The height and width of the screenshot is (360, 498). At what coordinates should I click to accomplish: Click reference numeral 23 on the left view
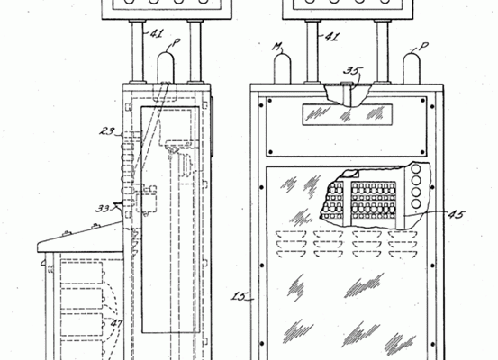tap(107, 131)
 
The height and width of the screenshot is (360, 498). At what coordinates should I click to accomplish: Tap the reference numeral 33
tap(103, 209)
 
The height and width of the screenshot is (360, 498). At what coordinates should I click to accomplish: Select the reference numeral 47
tap(116, 324)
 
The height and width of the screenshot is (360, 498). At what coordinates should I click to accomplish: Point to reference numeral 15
tap(239, 296)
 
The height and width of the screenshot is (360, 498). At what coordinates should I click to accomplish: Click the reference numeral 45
tap(456, 214)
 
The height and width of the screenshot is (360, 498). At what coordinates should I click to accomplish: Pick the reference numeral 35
tap(352, 70)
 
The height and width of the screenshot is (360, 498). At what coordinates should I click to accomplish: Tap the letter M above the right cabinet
tap(277, 48)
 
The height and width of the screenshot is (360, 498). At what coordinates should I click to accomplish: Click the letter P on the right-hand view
tap(423, 47)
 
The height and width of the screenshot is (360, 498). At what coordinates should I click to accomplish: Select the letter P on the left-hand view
tap(177, 42)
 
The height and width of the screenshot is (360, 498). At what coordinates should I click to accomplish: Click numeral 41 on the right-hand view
tap(332, 37)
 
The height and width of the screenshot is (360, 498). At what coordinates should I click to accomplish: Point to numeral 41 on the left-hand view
tap(157, 33)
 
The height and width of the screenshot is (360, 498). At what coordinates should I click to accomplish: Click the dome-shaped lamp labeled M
tap(283, 68)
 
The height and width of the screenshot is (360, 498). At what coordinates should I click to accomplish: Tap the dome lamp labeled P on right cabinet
tap(412, 68)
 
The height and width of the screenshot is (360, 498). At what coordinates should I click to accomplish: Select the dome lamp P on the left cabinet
tap(166, 67)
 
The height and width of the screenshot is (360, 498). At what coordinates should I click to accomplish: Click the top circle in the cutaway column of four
tap(416, 169)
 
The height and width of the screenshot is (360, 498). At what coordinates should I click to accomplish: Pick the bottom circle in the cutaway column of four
tap(416, 203)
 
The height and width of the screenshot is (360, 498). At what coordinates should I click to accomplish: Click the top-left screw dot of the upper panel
tap(270, 101)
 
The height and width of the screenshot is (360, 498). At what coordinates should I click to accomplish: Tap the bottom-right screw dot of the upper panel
tap(422, 152)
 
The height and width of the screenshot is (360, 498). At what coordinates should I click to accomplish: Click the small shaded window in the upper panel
tap(347, 114)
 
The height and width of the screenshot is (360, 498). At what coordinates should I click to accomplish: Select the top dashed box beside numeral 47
tap(82, 273)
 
